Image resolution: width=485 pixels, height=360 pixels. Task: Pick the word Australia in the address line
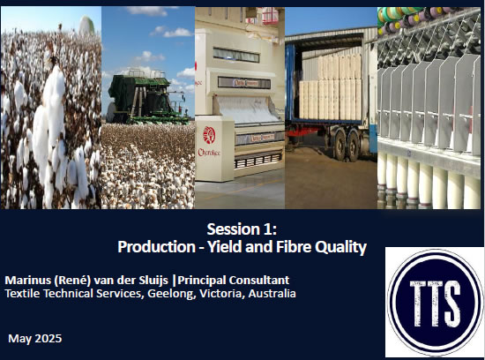(272, 293)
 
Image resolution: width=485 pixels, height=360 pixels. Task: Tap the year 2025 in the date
(48, 338)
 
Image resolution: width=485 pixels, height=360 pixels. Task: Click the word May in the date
(19, 339)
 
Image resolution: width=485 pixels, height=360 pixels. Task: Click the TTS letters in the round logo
(435, 304)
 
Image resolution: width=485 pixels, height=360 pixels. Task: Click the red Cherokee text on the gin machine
(209, 153)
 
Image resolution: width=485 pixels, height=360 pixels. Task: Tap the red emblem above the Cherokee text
(209, 135)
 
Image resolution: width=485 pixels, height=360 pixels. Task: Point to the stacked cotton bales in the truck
(330, 86)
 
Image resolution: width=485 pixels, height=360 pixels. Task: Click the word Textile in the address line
(23, 293)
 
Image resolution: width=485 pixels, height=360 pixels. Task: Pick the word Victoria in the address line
(221, 293)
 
